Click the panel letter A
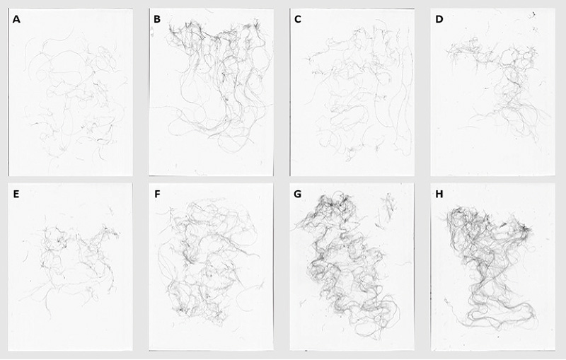pyautogui.click(x=16, y=20)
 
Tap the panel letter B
pyautogui.click(x=157, y=19)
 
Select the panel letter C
pyautogui.click(x=298, y=19)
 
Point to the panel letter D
pyautogui.click(x=439, y=19)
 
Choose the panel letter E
pyautogui.click(x=16, y=194)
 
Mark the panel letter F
pyautogui.click(x=157, y=194)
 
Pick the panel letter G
pyautogui.click(x=298, y=194)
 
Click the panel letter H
pyautogui.click(x=439, y=194)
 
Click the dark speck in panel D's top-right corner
pyautogui.click(x=532, y=14)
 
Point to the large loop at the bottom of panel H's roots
pyautogui.click(x=502, y=318)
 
